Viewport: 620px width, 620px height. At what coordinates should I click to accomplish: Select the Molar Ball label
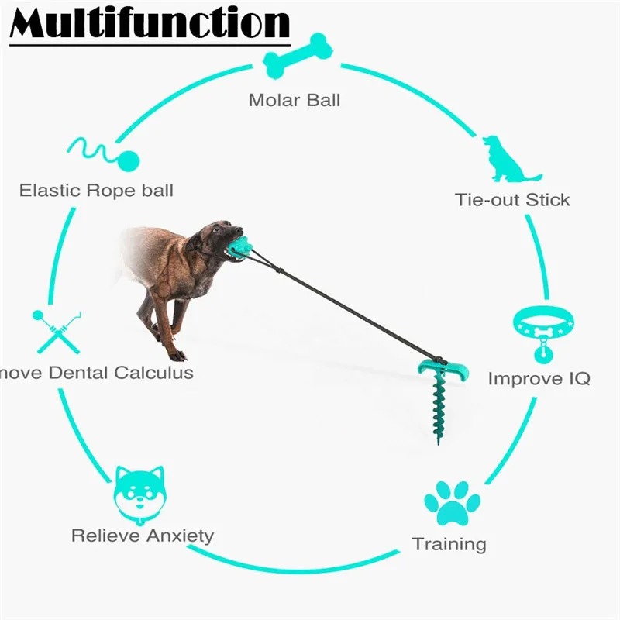point(294,100)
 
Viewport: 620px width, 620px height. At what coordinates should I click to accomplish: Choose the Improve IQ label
point(539,378)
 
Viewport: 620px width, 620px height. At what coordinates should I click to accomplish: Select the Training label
point(449,544)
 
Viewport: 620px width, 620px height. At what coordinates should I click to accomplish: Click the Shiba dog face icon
point(141,494)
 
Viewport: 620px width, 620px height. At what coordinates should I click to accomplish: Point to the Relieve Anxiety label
point(143,536)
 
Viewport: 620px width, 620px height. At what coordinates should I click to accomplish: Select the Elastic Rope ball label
point(96,190)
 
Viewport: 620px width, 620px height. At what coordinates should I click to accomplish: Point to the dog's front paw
point(177,355)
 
